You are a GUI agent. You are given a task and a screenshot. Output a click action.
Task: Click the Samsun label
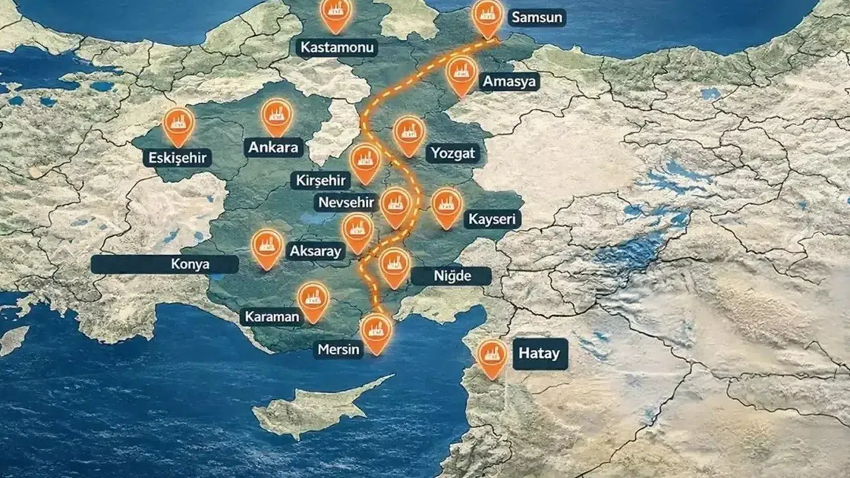(537, 17)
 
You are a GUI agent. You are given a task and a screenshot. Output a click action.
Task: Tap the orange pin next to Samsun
(487, 16)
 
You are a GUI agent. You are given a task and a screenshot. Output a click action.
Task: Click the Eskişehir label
(177, 157)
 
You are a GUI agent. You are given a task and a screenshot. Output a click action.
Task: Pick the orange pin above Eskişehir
(179, 124)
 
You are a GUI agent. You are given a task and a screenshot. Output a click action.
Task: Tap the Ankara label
(274, 147)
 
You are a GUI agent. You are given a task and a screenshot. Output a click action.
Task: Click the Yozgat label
(453, 153)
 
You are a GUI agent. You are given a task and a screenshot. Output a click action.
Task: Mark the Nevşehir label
(346, 202)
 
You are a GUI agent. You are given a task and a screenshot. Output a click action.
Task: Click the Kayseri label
(492, 220)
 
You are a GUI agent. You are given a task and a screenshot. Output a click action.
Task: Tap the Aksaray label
(315, 251)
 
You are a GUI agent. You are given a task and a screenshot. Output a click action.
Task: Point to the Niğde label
(451, 276)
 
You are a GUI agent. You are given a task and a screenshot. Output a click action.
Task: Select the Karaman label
(272, 316)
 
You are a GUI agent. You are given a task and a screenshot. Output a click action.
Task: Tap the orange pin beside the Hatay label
(491, 357)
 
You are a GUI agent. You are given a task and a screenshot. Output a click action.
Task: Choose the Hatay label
(539, 353)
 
